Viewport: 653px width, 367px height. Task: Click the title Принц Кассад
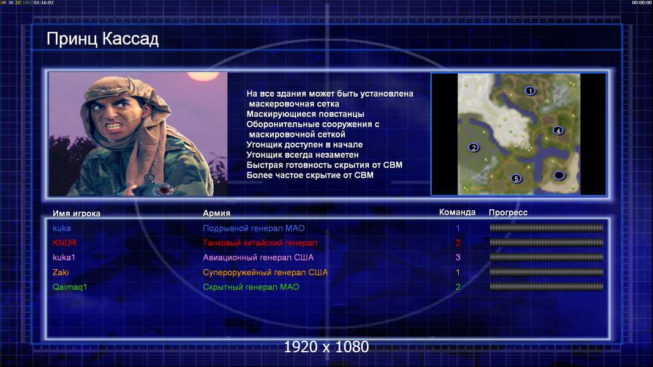[102, 39]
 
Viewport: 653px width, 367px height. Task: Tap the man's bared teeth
[113, 125]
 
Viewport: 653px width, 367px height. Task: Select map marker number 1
[530, 91]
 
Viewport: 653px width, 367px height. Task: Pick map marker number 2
[474, 147]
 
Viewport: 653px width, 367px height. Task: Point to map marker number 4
[558, 130]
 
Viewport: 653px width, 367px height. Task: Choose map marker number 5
[516, 179]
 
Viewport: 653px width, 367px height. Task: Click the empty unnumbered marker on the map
[559, 176]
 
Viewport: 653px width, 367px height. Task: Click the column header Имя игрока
[76, 213]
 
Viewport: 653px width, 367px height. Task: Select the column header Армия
[217, 213]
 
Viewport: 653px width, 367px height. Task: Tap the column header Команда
[457, 212]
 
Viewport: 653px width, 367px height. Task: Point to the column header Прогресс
[508, 213]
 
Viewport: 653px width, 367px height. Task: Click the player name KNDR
[64, 243]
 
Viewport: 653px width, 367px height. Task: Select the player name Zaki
[61, 273]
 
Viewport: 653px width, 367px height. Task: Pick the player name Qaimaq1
[70, 287]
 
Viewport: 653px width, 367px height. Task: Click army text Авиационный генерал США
[259, 258]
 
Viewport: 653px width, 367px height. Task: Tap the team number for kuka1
[458, 258]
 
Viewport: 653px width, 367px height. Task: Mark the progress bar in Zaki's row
[546, 272]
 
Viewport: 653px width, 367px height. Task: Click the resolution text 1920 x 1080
[326, 347]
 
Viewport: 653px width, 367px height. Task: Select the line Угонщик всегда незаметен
[303, 155]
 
